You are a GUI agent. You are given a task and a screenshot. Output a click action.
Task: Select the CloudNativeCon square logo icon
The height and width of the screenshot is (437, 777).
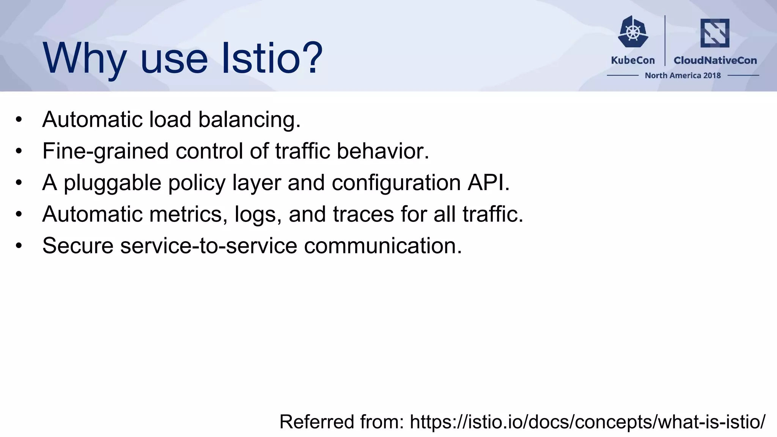point(715,33)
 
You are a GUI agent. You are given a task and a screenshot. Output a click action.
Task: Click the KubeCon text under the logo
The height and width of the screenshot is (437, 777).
point(633,60)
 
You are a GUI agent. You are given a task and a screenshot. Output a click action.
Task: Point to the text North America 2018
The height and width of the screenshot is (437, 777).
point(683,75)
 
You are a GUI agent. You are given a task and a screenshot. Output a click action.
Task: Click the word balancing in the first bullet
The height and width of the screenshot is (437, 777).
point(249,120)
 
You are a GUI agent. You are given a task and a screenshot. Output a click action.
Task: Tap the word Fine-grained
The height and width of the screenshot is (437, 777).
point(105,151)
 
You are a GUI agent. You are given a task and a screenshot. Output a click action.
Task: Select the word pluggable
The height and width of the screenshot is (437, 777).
point(112,183)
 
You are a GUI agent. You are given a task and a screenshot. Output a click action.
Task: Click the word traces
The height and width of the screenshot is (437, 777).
point(363,214)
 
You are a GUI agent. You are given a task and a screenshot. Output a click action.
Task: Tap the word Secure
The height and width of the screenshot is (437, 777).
point(78,246)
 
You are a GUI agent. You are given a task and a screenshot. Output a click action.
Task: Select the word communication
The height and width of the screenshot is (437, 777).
point(382,246)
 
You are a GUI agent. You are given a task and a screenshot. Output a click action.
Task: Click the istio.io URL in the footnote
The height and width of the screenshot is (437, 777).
point(587,422)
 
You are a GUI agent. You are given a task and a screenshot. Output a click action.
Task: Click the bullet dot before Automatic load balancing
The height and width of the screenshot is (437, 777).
point(19,120)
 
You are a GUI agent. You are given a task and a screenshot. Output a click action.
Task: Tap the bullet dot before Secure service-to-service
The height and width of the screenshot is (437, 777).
point(19,246)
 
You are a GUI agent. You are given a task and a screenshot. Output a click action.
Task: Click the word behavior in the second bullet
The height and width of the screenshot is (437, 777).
point(382,151)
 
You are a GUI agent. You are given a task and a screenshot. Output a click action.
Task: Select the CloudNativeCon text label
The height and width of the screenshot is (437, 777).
point(715,60)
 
